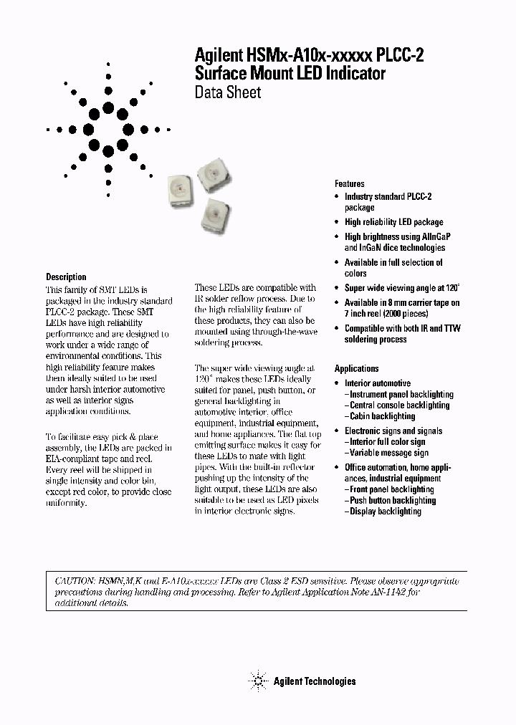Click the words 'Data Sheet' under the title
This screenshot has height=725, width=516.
click(x=228, y=92)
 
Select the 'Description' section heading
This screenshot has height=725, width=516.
click(x=66, y=277)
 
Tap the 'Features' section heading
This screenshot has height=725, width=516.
click(x=350, y=183)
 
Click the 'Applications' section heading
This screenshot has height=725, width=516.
click(x=357, y=368)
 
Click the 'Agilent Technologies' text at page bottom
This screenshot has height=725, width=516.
click(x=314, y=681)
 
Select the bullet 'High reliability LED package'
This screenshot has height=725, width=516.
click(x=393, y=222)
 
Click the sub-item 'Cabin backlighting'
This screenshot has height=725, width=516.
click(x=382, y=416)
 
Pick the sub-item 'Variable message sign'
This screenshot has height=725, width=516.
click(x=389, y=453)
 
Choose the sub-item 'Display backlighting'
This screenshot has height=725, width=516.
click(x=385, y=512)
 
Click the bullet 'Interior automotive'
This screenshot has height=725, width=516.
click(x=378, y=383)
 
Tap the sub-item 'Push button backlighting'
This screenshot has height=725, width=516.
click(x=392, y=500)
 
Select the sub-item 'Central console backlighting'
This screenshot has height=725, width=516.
click(x=399, y=405)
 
